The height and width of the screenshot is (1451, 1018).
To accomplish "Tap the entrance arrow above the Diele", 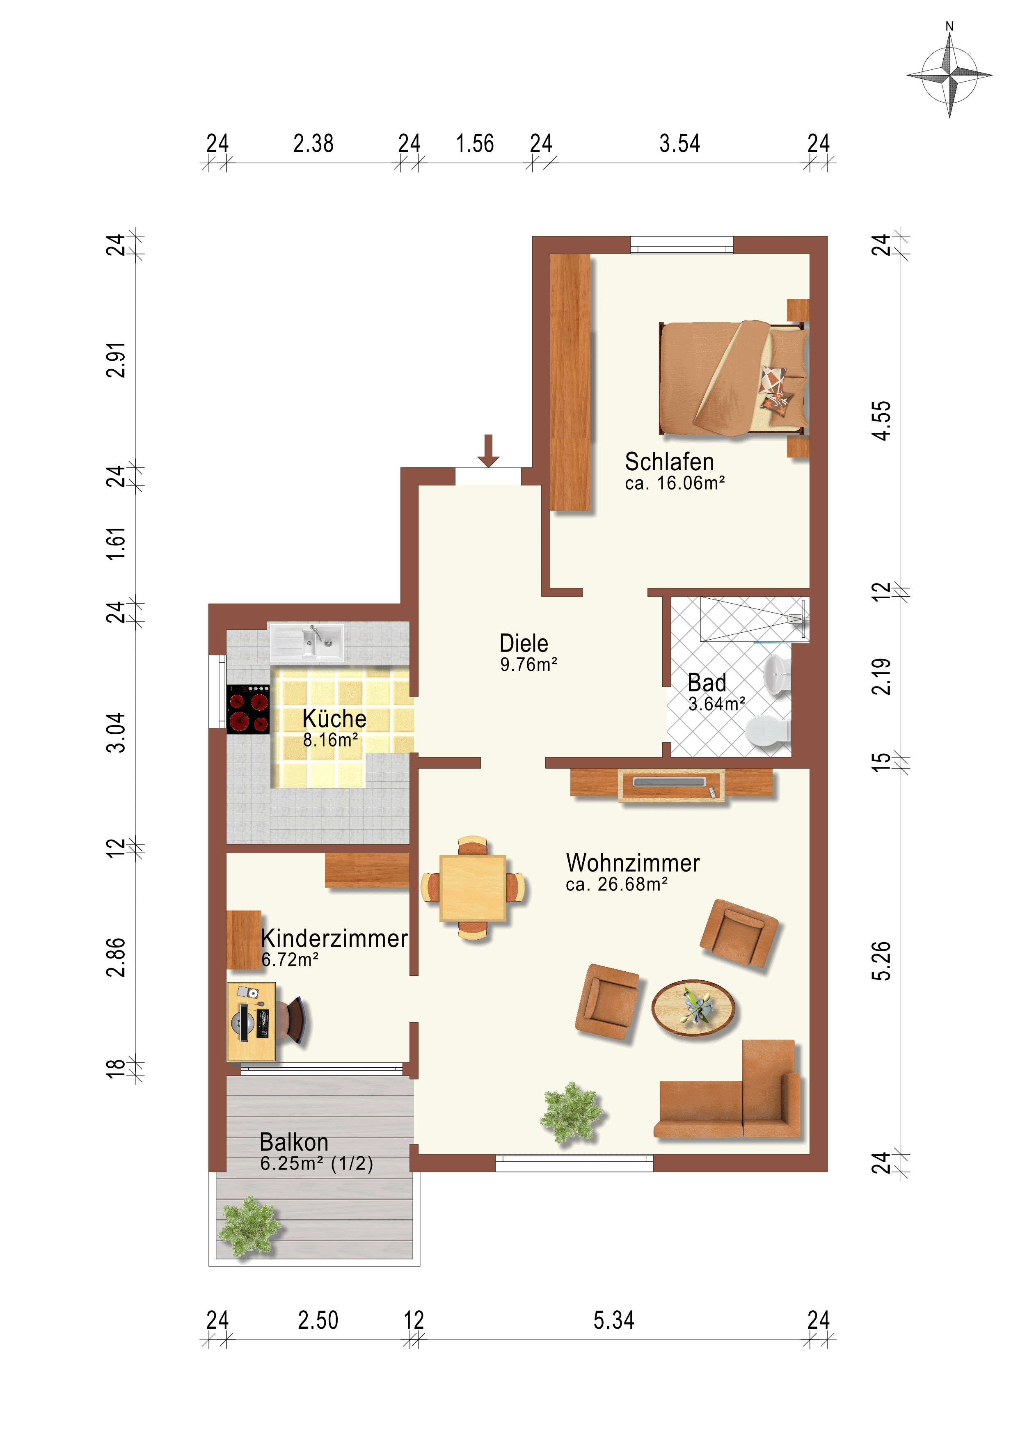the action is click(x=488, y=451).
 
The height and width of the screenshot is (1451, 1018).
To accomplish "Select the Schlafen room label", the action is click(x=669, y=462).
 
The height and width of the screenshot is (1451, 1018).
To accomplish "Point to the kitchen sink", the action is click(x=307, y=642).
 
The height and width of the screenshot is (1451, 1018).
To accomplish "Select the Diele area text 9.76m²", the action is click(x=528, y=665).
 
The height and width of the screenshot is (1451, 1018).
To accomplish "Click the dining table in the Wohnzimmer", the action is click(x=473, y=888).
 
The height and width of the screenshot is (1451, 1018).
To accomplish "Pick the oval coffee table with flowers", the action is click(x=693, y=1008).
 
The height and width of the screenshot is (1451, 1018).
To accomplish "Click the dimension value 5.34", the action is click(x=613, y=1320).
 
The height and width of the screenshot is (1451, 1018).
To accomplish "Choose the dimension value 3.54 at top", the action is click(x=679, y=144).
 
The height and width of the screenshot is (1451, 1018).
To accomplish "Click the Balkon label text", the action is click(x=294, y=1142).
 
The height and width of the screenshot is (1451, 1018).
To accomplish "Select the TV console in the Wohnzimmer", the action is click(x=671, y=785).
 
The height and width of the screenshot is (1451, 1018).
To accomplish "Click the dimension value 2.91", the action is click(x=116, y=360).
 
